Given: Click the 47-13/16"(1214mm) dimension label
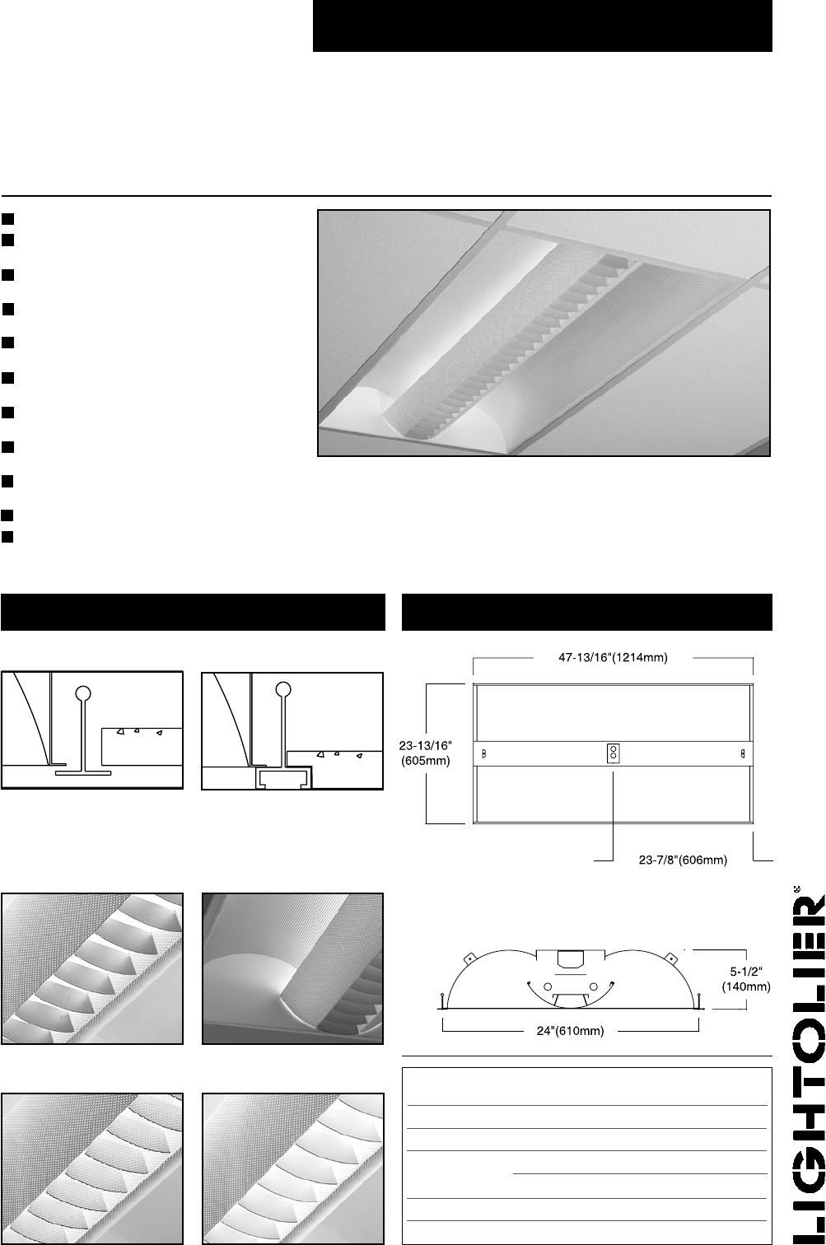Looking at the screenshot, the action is (613, 658).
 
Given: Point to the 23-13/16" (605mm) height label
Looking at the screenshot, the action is (425, 753).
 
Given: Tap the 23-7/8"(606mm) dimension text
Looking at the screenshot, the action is (683, 860).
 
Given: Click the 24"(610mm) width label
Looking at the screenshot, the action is (571, 1031).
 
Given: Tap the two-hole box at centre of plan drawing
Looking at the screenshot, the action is (613, 753).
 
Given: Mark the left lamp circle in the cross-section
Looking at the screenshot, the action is (548, 986).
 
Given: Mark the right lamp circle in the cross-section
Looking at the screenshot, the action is (594, 986).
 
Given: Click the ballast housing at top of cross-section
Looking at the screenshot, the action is (571, 958).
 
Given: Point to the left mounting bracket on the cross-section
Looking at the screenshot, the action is (469, 958).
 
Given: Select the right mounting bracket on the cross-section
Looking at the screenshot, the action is (671, 958).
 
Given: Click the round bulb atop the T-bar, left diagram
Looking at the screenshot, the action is (83, 693).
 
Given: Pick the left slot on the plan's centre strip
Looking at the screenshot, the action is (483, 753).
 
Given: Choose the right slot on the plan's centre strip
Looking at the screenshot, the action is (743, 753).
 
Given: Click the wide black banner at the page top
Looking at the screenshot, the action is (543, 26).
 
